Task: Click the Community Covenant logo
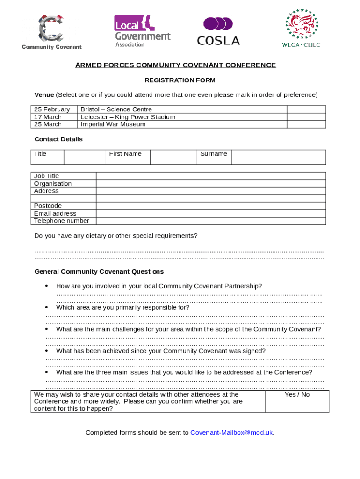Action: click(x=51, y=32)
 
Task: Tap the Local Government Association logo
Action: click(x=142, y=31)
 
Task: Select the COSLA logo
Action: click(x=218, y=31)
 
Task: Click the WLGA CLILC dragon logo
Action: click(x=302, y=28)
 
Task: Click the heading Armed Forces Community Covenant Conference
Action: click(x=176, y=65)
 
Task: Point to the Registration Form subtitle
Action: click(x=180, y=80)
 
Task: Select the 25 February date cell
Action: click(x=52, y=109)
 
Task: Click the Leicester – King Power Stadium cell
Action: click(x=128, y=117)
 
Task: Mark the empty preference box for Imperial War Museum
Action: click(x=306, y=124)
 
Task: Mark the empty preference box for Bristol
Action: click(x=306, y=109)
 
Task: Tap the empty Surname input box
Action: click(x=279, y=157)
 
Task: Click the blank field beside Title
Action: click(x=83, y=157)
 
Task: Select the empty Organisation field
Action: click(x=211, y=184)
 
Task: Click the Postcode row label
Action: click(x=48, y=206)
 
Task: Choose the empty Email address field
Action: click(x=211, y=213)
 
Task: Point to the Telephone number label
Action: click(x=62, y=221)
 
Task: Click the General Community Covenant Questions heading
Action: click(x=99, y=272)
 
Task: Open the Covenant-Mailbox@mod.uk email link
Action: click(x=231, y=433)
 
